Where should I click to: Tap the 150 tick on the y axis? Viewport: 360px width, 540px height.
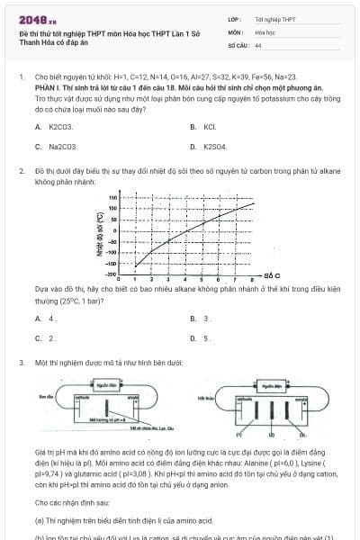pyautogui.click(x=113, y=197)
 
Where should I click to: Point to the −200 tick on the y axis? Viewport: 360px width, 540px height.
pyautogui.click(x=112, y=273)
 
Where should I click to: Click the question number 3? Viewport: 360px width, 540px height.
pyautogui.click(x=21, y=362)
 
